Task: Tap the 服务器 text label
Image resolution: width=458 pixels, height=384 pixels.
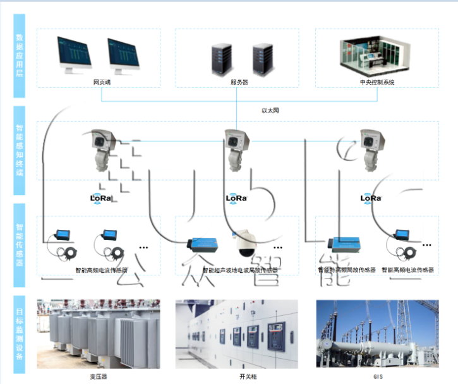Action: (239, 81)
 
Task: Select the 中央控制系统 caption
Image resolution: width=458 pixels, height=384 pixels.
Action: (377, 81)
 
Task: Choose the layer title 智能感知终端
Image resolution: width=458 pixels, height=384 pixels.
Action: (20, 152)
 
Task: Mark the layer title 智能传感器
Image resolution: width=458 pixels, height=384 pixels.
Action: (20, 245)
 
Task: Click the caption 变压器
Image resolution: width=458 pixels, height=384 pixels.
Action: (99, 376)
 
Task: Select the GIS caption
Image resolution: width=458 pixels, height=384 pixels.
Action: (378, 376)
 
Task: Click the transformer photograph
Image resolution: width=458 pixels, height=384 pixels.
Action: (99, 333)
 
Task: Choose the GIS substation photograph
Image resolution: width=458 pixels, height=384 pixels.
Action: (377, 333)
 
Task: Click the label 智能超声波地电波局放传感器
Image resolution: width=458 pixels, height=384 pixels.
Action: (240, 270)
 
